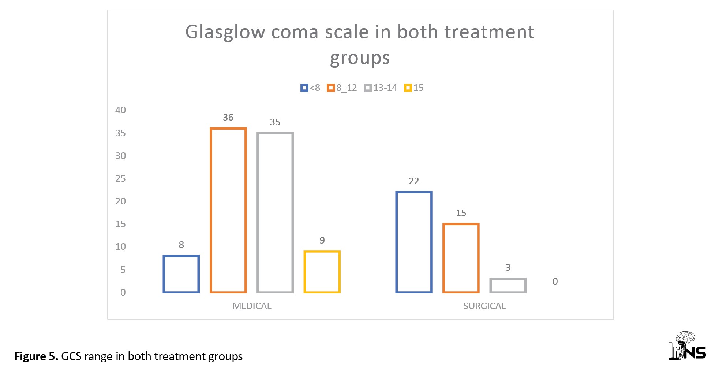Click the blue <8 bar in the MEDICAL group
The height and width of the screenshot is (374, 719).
point(181,274)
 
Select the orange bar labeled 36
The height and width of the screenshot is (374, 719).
point(228,210)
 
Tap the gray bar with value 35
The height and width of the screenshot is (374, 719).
point(275,212)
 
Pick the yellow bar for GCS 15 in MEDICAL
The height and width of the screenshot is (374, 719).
point(322,272)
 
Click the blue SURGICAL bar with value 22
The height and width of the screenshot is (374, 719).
point(414,242)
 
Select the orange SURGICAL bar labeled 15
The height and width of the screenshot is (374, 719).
point(461,258)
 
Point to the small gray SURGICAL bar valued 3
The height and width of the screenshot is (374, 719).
point(508,285)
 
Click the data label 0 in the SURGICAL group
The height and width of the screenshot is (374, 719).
point(555,281)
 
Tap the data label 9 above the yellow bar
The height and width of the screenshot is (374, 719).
point(322,240)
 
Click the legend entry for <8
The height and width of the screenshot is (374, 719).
point(310,88)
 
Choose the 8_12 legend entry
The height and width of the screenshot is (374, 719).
point(342,88)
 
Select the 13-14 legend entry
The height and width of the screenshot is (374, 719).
point(381,88)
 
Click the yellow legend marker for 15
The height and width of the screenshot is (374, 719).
point(408,88)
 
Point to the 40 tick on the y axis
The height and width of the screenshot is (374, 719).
point(120,110)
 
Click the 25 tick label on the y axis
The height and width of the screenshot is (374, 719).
point(120,178)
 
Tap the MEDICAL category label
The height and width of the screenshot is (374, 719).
point(252,306)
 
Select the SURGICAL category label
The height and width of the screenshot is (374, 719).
point(484,306)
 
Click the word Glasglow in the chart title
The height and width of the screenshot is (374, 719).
point(225,32)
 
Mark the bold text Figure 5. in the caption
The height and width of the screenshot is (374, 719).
point(36,356)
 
